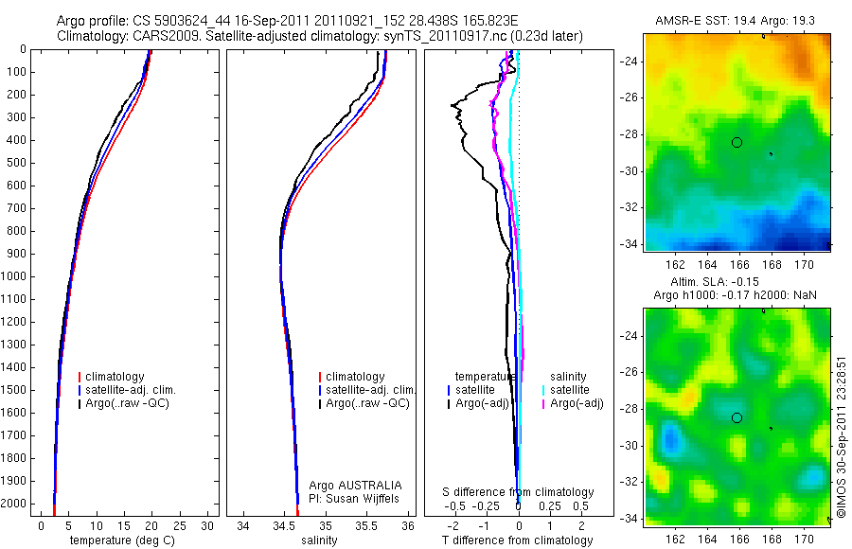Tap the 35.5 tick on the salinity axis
[x=367, y=525]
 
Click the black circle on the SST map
[x=737, y=142]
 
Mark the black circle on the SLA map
[x=737, y=417]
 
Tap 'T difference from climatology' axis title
[x=517, y=540]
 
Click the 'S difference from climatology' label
[x=519, y=492]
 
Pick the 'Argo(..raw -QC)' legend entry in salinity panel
[x=367, y=403]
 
